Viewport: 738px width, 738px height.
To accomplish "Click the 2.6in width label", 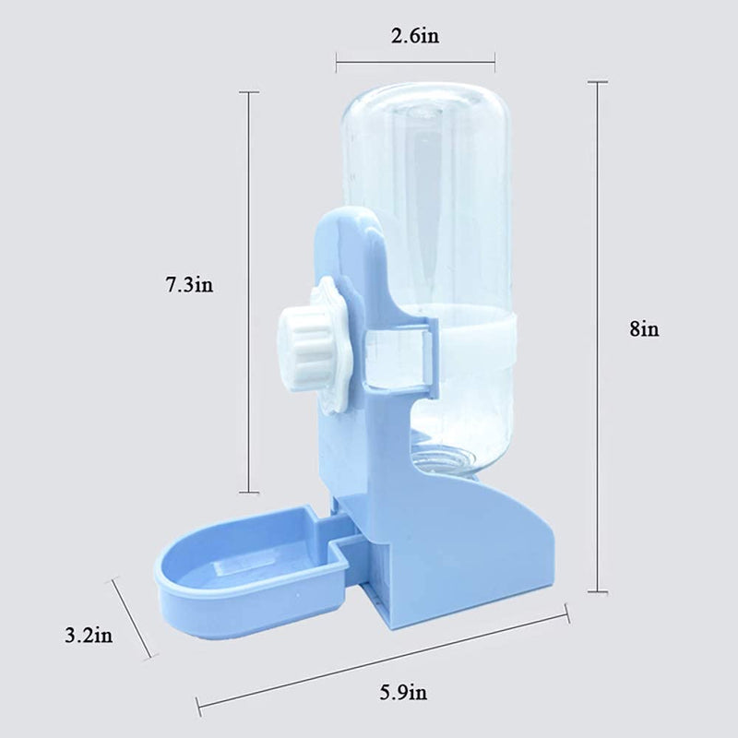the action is [415, 36].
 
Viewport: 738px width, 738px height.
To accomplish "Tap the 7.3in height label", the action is [189, 284].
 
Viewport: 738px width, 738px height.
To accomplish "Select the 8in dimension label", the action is [644, 328].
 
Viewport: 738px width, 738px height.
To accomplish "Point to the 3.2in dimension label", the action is [89, 636].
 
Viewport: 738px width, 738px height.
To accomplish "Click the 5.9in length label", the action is [404, 693].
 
